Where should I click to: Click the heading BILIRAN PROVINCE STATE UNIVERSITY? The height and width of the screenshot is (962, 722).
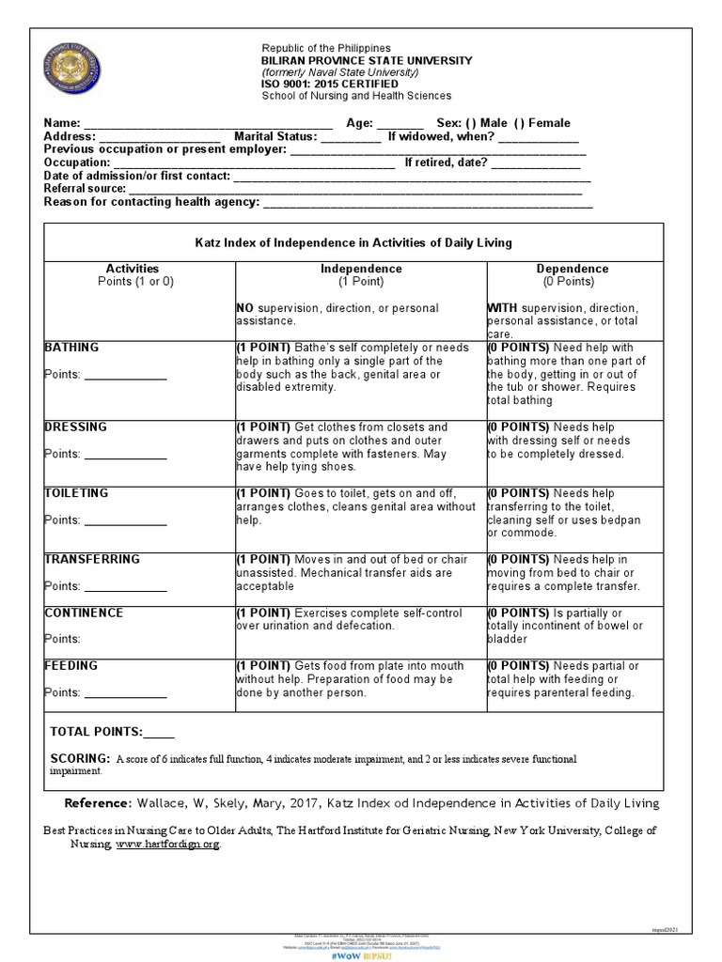(x=367, y=60)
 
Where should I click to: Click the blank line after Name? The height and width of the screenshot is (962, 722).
(x=208, y=125)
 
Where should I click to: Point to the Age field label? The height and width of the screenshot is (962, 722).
(x=360, y=123)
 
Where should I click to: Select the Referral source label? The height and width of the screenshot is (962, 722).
(x=85, y=189)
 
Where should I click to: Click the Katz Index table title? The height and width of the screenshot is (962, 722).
(x=353, y=242)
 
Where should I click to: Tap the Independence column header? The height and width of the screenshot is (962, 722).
(x=361, y=269)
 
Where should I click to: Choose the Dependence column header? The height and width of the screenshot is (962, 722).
(x=572, y=269)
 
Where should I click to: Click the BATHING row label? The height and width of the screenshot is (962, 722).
(x=71, y=348)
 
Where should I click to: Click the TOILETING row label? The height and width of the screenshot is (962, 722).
(x=76, y=493)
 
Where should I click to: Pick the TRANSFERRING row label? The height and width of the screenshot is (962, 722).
(x=92, y=559)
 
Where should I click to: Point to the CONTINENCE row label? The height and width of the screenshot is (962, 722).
(x=84, y=613)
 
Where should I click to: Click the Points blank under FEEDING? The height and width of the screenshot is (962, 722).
(x=125, y=694)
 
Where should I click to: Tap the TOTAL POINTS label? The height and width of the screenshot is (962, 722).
(x=96, y=731)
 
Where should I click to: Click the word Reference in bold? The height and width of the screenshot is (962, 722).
(x=98, y=803)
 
